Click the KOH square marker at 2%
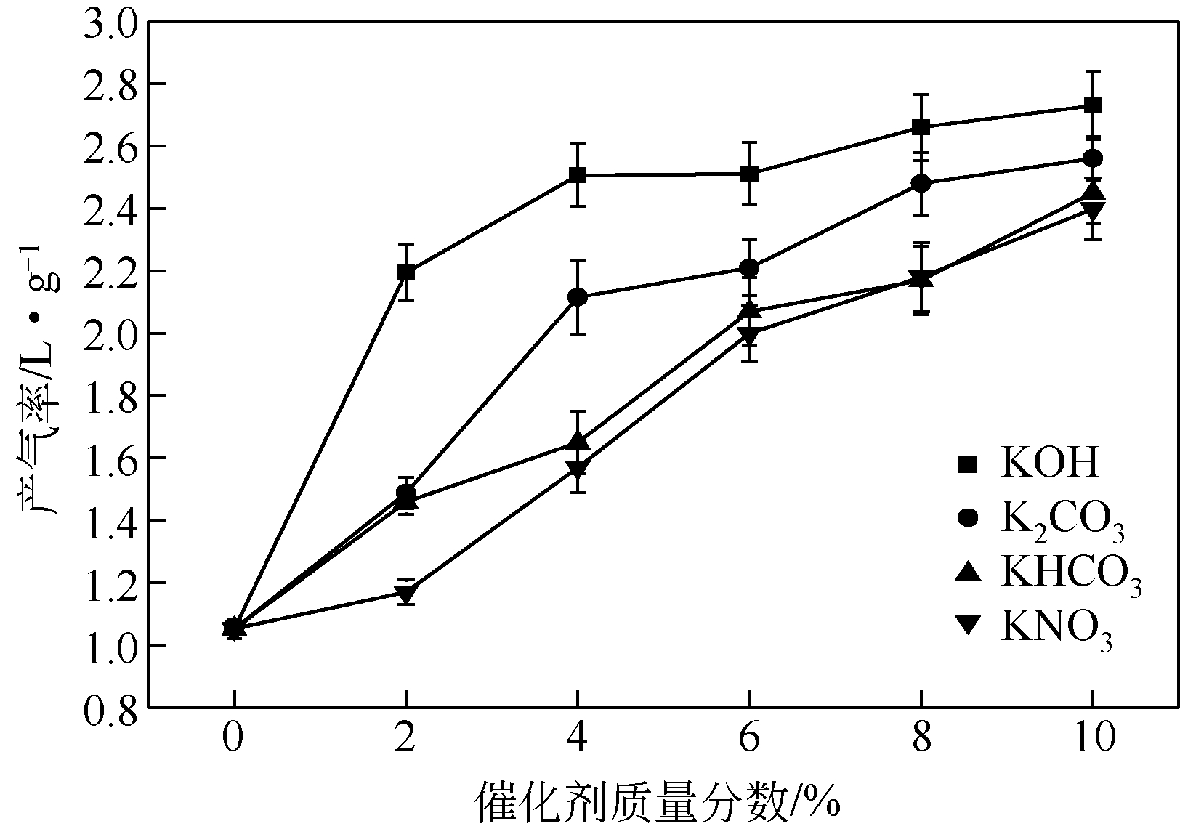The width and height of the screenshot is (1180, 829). (x=405, y=272)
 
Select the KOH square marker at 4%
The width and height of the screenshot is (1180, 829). (x=578, y=175)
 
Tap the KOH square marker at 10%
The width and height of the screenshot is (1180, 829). (x=1092, y=105)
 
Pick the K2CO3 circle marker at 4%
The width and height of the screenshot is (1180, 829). (x=578, y=296)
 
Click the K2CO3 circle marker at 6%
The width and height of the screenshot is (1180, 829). (x=749, y=268)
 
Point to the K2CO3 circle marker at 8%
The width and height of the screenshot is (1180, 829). (x=921, y=183)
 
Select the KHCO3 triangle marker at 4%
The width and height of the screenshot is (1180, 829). (x=578, y=440)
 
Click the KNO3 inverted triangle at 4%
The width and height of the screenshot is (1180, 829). (x=578, y=469)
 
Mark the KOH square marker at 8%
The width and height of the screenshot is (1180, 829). (x=921, y=127)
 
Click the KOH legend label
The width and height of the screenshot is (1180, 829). (x=1050, y=462)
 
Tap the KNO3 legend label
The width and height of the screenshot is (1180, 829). (x=1056, y=628)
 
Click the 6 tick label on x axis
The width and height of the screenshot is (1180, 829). (x=749, y=740)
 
